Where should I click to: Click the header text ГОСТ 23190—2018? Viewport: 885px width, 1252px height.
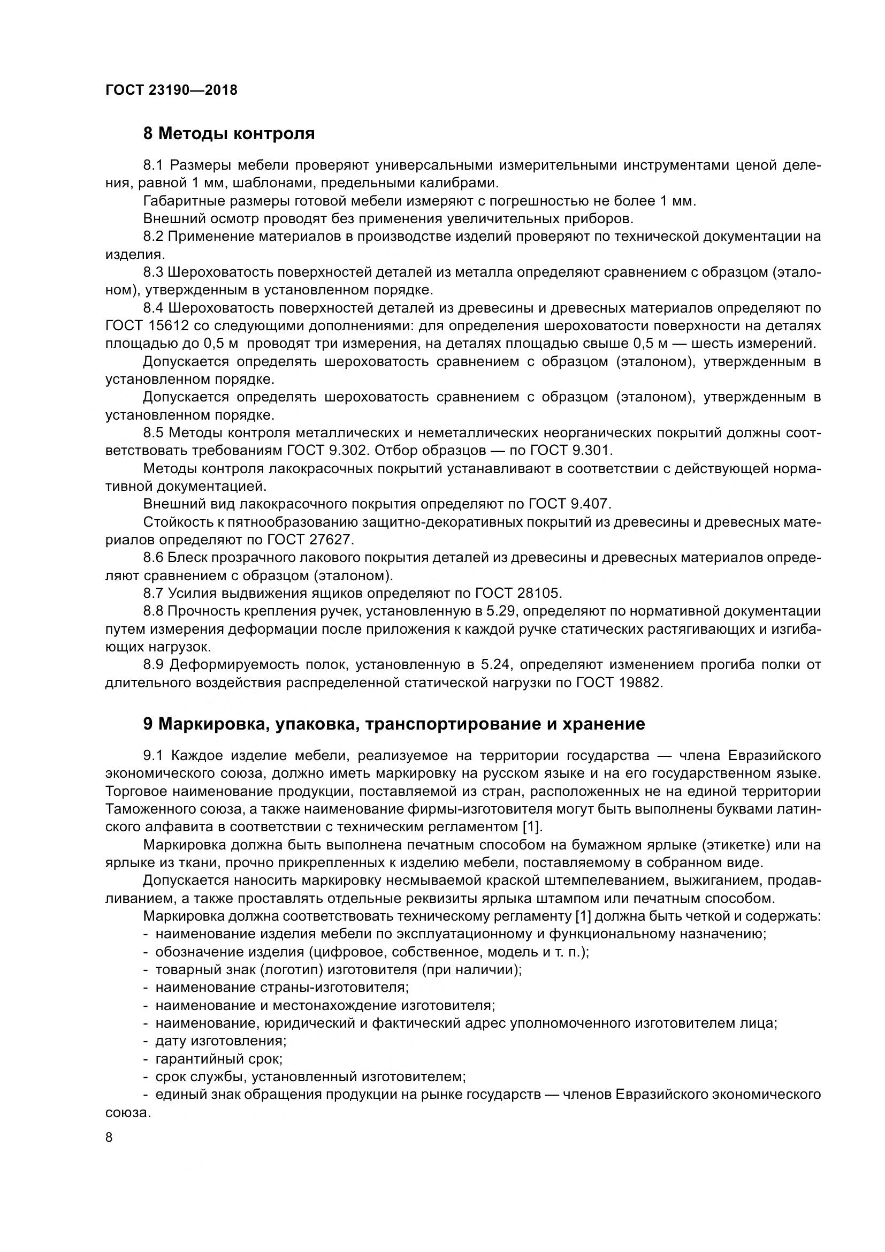(x=172, y=90)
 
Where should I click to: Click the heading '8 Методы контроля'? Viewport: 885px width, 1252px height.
(x=229, y=134)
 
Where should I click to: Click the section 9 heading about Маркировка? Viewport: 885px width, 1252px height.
(x=393, y=724)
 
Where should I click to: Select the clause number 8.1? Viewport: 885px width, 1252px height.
(x=154, y=165)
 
